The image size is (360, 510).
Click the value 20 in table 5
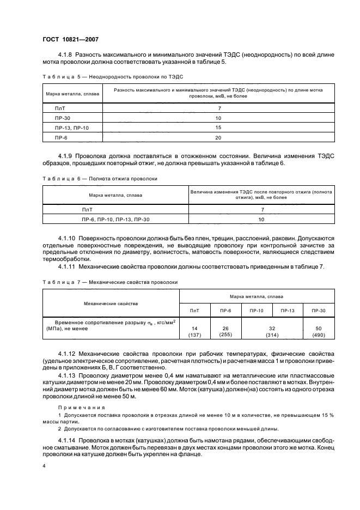(x=218, y=137)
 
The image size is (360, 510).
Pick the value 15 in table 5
(x=218, y=127)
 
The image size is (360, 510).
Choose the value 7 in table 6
(x=262, y=209)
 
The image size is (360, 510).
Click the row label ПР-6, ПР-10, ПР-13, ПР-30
(x=115, y=219)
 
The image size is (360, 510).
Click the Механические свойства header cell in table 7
(x=111, y=303)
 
